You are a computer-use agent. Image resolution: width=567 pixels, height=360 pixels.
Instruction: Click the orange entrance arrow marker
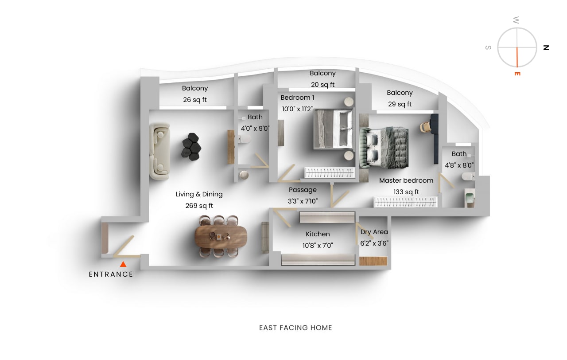click(x=123, y=264)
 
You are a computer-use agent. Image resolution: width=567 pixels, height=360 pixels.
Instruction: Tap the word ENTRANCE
click(x=111, y=274)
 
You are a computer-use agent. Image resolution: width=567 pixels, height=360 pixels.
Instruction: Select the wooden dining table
click(x=221, y=236)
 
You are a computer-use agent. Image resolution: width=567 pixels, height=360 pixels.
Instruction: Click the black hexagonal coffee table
click(x=192, y=146)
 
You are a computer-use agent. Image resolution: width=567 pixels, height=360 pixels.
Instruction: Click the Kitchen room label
click(x=318, y=234)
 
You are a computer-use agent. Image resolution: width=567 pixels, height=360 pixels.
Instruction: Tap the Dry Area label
click(x=374, y=232)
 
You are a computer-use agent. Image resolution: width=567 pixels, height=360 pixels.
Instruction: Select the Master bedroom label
click(x=406, y=180)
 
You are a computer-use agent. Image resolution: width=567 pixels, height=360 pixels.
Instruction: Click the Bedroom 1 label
click(x=297, y=98)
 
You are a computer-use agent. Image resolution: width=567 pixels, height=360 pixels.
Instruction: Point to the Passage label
click(x=303, y=190)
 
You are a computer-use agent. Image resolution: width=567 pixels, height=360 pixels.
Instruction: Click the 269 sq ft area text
click(x=199, y=206)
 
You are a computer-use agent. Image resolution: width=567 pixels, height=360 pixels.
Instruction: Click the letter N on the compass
click(x=546, y=47)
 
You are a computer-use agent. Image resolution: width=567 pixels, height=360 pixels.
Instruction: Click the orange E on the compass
click(x=517, y=73)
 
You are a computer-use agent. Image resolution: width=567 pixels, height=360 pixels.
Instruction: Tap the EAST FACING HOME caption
click(x=295, y=328)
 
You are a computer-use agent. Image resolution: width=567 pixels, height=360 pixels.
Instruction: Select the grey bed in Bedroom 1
click(x=333, y=129)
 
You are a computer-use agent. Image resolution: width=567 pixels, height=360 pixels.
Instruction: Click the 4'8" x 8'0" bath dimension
click(x=459, y=165)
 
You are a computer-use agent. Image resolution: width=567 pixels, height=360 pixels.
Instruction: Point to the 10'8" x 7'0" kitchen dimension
click(x=318, y=245)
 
